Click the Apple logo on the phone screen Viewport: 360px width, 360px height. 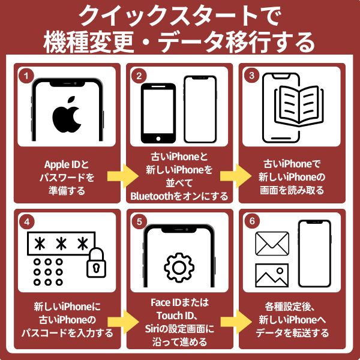click(67, 115)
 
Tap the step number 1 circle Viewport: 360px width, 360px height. click(26, 76)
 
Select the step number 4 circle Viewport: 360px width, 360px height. click(27, 222)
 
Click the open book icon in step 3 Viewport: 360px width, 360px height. click(299, 105)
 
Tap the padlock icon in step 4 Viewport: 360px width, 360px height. click(96, 262)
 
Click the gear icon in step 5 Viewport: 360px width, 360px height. click(179, 268)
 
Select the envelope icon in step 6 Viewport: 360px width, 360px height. click(272, 244)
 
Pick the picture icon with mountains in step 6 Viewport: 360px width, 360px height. click(272, 275)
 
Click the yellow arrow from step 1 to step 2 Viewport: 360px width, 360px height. click(123, 176)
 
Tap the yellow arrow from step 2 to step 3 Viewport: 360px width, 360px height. click(236, 176)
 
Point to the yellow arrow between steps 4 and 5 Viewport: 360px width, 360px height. click(123, 322)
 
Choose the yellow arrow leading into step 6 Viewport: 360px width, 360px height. click(236, 322)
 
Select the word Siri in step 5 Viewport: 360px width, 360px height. click(152, 329)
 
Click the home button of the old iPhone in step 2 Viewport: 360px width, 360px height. click(158, 139)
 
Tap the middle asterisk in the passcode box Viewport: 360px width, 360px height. click(61, 244)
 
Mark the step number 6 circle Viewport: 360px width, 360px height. click(252, 221)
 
